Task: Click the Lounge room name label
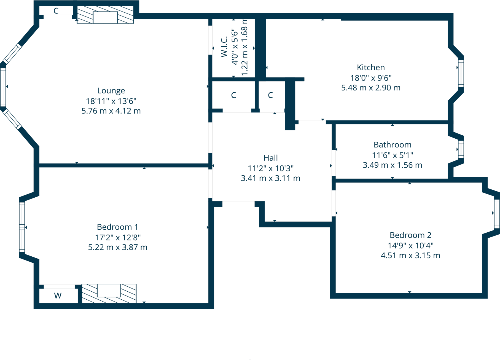[x=111, y=91]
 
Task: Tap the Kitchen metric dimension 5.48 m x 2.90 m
[x=371, y=88]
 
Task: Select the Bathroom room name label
[x=392, y=145]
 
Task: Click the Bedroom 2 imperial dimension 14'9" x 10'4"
[x=410, y=245]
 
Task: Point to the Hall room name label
[x=270, y=158]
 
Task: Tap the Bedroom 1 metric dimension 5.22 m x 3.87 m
[x=118, y=247]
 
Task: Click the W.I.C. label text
[x=224, y=47]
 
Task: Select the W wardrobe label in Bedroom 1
[x=58, y=295]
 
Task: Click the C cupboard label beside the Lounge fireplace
[x=56, y=11]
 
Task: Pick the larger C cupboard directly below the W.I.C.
[x=233, y=95]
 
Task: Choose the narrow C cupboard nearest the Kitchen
[x=270, y=95]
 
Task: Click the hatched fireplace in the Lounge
[x=105, y=15]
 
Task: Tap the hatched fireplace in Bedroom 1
[x=109, y=294]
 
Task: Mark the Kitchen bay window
[x=461, y=73]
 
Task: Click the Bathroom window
[x=461, y=149]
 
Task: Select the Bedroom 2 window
[x=497, y=214]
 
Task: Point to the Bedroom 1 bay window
[x=22, y=227]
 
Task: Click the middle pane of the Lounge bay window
[x=3, y=87]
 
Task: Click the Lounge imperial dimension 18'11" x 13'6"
[x=111, y=101]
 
